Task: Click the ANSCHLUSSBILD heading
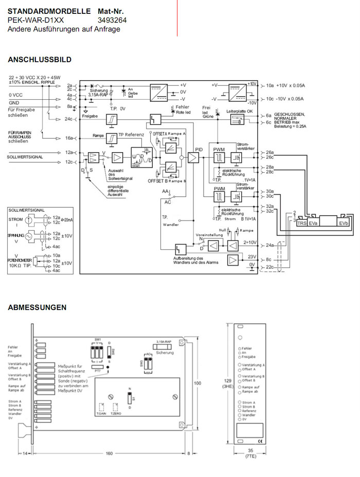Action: click(x=40, y=60)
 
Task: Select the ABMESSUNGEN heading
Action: click(x=37, y=307)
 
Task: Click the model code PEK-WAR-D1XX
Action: click(x=36, y=20)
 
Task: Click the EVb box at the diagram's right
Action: click(x=343, y=224)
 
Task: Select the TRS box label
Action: click(x=301, y=224)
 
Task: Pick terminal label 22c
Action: click(x=269, y=267)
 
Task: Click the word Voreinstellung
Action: click(x=208, y=234)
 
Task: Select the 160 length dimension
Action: click(x=109, y=453)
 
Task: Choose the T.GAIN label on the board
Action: click(x=101, y=414)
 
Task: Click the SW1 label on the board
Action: click(x=97, y=340)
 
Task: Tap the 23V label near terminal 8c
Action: click(x=252, y=256)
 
